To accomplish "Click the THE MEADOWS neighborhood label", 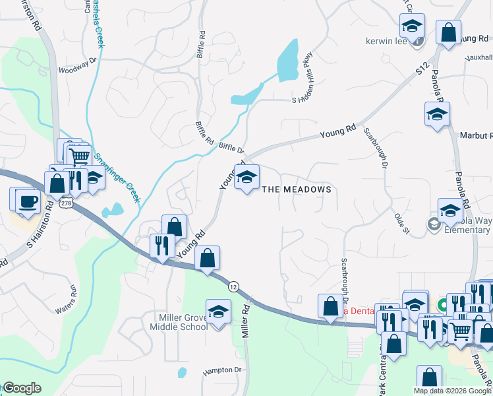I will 296,189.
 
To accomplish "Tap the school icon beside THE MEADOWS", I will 246,177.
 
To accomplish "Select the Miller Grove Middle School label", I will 179,322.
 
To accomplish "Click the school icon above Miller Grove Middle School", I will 218,311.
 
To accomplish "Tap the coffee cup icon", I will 27,200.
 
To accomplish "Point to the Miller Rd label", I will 245,320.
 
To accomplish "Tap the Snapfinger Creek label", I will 118,178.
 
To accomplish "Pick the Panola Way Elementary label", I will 466,226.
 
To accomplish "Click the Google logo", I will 22,388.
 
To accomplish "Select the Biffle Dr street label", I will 231,149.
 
